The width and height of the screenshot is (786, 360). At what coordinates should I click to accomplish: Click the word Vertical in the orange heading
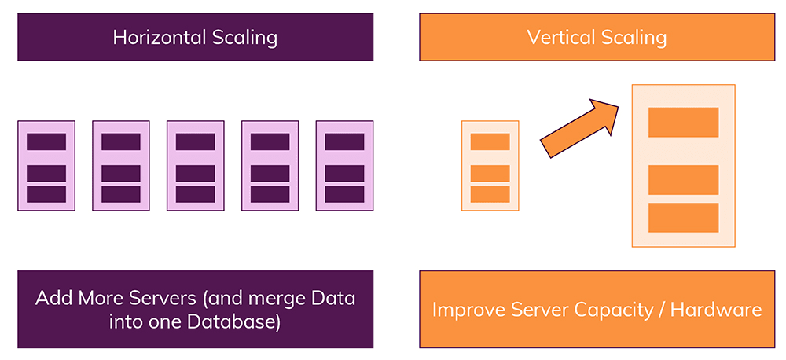click(x=556, y=38)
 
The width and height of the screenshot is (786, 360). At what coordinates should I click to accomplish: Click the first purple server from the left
click(x=46, y=166)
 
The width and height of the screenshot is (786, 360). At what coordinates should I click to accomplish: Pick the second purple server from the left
click(x=121, y=166)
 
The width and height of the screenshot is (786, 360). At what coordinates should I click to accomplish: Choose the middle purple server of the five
click(x=195, y=166)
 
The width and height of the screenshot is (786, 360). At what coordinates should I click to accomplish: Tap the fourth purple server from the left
click(x=270, y=166)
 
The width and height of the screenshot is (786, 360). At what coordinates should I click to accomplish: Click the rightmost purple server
click(x=344, y=166)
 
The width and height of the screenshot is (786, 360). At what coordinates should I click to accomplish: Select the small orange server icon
click(x=490, y=166)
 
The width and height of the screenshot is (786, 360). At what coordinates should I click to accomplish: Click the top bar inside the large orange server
click(x=683, y=122)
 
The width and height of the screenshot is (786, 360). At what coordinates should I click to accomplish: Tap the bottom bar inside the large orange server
click(x=683, y=218)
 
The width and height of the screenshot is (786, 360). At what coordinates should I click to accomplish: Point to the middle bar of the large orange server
click(x=683, y=180)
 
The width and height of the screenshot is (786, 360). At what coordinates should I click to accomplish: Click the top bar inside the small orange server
click(x=490, y=142)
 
